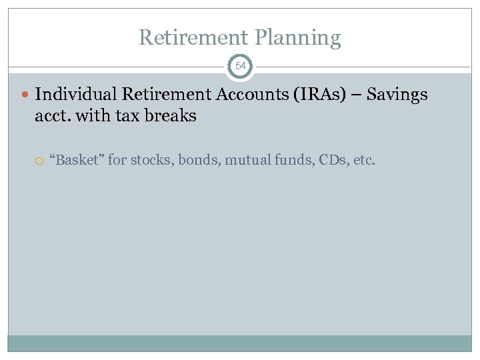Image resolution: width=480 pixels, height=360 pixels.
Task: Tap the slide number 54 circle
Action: coord(240,67)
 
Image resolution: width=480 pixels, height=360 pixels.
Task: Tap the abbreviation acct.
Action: coord(53,116)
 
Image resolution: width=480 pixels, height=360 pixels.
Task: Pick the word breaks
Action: coord(172,116)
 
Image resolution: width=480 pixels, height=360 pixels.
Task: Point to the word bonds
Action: coord(191,160)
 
